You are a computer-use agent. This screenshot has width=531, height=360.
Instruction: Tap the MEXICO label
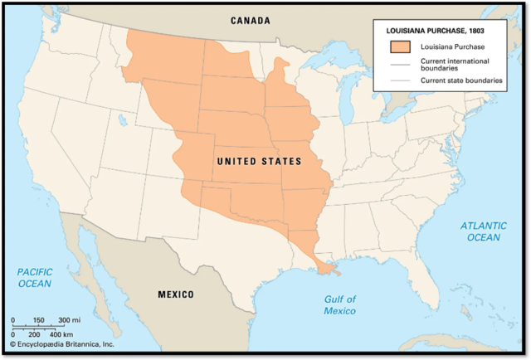(x=176, y=294)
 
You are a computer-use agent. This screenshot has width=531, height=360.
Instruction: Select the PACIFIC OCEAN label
(x=35, y=277)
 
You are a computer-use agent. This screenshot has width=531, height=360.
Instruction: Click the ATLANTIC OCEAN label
(x=483, y=231)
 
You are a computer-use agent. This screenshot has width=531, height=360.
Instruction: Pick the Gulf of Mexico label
(x=339, y=304)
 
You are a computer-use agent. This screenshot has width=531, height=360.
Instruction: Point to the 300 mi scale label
(x=69, y=320)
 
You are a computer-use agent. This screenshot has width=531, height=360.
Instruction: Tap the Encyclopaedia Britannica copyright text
(x=61, y=343)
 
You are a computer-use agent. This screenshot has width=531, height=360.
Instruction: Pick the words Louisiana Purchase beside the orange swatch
(x=447, y=46)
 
